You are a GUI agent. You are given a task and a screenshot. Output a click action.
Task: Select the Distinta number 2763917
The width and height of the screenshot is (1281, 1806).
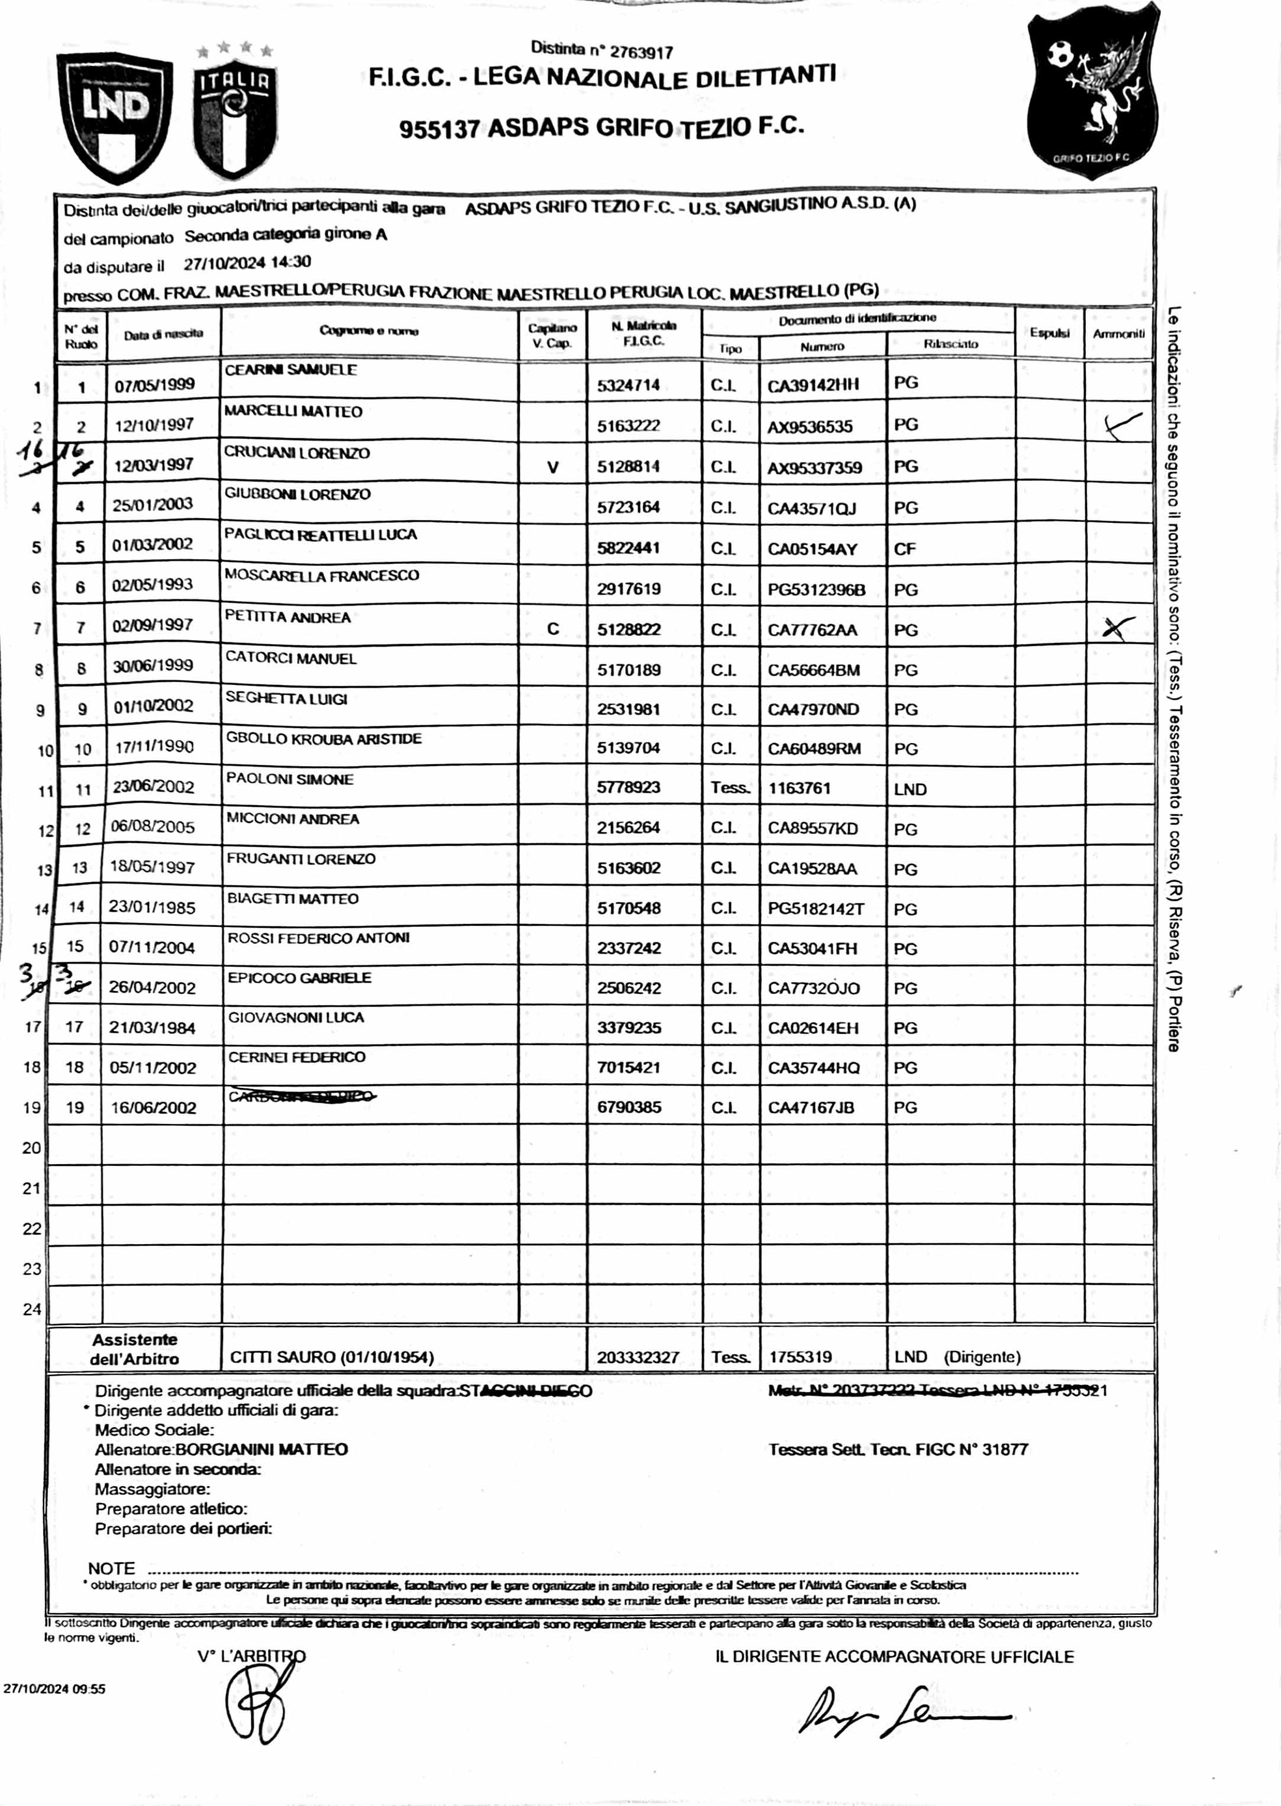pyautogui.click(x=602, y=50)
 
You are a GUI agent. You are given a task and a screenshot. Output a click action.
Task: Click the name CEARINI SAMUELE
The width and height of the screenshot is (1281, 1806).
pyautogui.click(x=290, y=370)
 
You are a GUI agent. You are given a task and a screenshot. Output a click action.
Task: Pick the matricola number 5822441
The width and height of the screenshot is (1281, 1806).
pyautogui.click(x=628, y=548)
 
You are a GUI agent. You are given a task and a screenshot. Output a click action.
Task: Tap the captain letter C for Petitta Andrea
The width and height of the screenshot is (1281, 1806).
pyautogui.click(x=553, y=629)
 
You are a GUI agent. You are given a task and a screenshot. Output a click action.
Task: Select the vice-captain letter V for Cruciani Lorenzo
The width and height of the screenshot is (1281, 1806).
pyautogui.click(x=553, y=467)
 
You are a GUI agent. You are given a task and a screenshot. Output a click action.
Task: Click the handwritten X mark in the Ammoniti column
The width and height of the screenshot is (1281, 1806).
pyautogui.click(x=1118, y=628)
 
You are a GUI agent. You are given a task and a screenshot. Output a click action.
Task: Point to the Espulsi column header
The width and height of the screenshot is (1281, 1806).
pyautogui.click(x=1049, y=333)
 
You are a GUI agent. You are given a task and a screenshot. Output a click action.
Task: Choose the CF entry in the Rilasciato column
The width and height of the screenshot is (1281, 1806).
pyautogui.click(x=905, y=549)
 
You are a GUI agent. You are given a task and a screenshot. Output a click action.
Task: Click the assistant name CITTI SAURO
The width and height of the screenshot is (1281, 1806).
pyautogui.click(x=331, y=1357)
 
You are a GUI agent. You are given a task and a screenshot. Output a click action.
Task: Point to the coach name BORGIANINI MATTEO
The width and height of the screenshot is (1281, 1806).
pyautogui.click(x=261, y=1449)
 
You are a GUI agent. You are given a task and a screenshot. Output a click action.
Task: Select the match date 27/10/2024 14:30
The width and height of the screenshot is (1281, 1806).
pyautogui.click(x=247, y=263)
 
